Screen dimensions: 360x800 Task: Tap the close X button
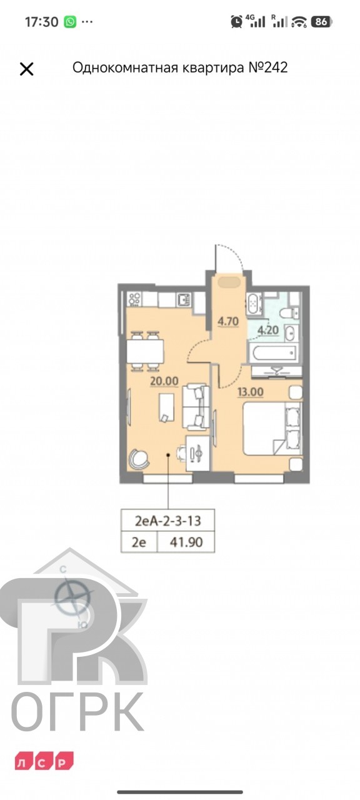coord(26,69)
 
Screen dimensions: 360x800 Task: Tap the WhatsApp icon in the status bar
coord(71,22)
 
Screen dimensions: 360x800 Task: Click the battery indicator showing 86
coord(322,22)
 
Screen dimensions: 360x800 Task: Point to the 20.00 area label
coord(164,381)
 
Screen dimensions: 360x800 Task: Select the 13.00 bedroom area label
coord(251,392)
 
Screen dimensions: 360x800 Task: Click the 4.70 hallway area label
coord(228,321)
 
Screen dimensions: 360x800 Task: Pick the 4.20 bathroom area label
coord(268,330)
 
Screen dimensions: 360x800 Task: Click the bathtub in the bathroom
coord(275,353)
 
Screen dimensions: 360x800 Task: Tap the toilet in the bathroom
coord(289,313)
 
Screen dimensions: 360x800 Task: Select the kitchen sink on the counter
coord(184,299)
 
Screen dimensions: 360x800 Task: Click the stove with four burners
coord(134,299)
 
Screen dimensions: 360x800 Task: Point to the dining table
coord(145,351)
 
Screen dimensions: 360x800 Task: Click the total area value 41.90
coord(186,542)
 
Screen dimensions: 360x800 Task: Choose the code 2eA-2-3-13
coord(168,521)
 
